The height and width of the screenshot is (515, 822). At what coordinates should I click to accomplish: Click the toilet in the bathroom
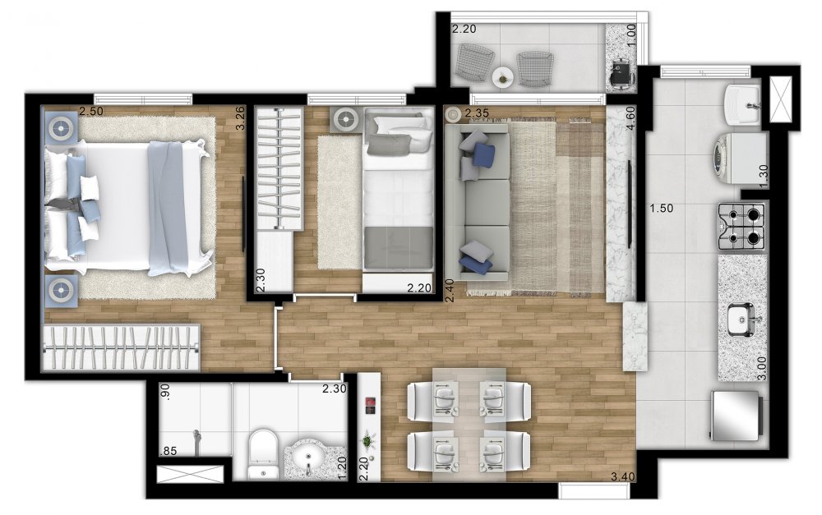coord(262,453)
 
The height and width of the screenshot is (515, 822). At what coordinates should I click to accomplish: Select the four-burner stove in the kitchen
coord(741,226)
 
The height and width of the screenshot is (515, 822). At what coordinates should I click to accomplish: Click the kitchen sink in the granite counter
coord(741,320)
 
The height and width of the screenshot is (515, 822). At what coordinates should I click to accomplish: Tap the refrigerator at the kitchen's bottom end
coord(735,416)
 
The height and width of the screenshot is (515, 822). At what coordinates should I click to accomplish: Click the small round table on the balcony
coord(504,78)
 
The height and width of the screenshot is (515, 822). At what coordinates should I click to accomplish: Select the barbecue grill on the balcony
coord(622,73)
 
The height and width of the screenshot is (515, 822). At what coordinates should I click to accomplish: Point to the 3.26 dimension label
coord(240,118)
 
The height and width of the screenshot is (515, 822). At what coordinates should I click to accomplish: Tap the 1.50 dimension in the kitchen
coord(661,208)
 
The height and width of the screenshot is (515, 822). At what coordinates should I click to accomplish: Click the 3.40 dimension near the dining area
coord(623,476)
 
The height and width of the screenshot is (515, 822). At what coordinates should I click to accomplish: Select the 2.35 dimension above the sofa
coord(477,113)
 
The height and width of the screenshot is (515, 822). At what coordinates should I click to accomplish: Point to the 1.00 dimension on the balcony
coord(631,34)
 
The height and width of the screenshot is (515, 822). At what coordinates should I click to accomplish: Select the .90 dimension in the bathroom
coord(166,392)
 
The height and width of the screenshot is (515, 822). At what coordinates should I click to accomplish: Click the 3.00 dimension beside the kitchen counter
coord(762,368)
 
